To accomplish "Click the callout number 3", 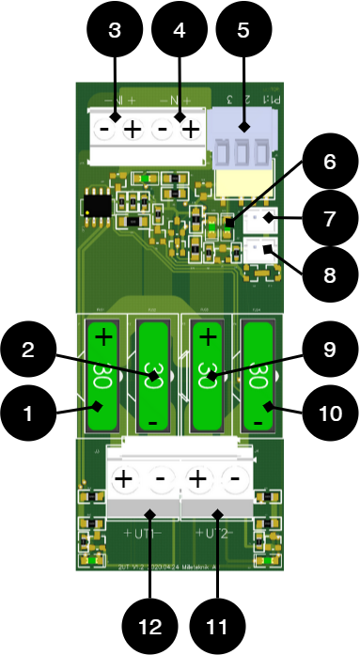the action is point(115,31).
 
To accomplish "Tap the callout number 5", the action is point(243,31).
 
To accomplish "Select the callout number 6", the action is point(329,163).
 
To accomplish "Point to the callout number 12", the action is point(150,627).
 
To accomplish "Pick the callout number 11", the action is point(217,627).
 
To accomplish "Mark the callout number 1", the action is point(27,413).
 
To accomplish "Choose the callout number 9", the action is point(329,350).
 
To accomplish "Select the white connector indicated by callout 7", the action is point(259,218).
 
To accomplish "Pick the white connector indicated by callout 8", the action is point(259,250).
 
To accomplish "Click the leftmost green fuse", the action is point(102,374).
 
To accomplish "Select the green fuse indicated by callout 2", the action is point(153,374).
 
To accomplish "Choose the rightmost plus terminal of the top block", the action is point(190,130).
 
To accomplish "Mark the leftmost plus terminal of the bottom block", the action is point(123,479).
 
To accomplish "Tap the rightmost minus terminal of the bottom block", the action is point(235,479).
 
